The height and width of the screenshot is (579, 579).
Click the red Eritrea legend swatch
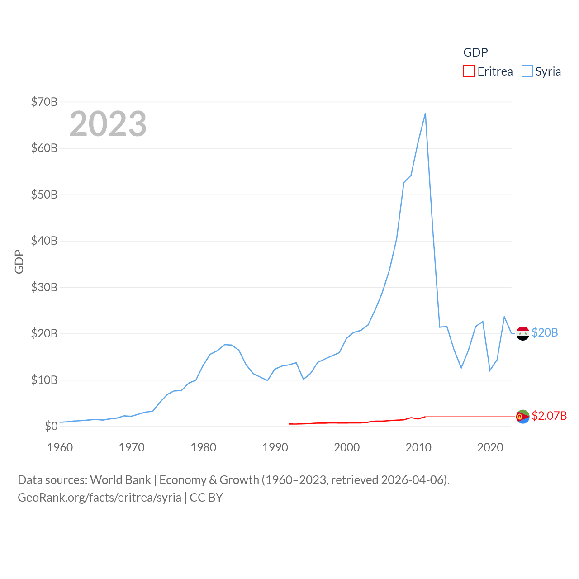coord(469,71)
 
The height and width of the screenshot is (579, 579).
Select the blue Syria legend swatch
coord(527,71)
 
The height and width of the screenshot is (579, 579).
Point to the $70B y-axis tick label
coord(44,102)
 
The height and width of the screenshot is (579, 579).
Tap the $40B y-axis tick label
coord(44,241)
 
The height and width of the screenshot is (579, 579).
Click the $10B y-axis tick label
coord(44,380)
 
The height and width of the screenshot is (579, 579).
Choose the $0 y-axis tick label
coord(51,426)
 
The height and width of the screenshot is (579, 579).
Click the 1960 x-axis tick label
coord(60,448)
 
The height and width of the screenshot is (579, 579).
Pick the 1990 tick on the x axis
coord(275,448)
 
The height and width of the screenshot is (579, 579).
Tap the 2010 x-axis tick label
coord(418,448)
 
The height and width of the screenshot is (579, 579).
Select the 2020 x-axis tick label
coord(490,448)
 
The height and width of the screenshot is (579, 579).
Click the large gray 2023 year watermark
coord(108,124)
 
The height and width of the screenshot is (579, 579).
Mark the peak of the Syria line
coord(425,114)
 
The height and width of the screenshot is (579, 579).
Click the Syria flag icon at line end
coord(523,333)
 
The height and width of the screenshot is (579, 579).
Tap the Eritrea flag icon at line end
coord(523,417)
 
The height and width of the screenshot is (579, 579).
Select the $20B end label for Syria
coord(545,333)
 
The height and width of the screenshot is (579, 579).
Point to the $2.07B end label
coord(549,416)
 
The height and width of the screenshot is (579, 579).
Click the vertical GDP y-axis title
coord(19,261)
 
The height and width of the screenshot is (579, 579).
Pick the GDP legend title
coord(475,52)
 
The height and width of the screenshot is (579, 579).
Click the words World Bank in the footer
coord(120,480)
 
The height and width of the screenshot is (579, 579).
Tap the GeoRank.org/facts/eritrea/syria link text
coord(100,498)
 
